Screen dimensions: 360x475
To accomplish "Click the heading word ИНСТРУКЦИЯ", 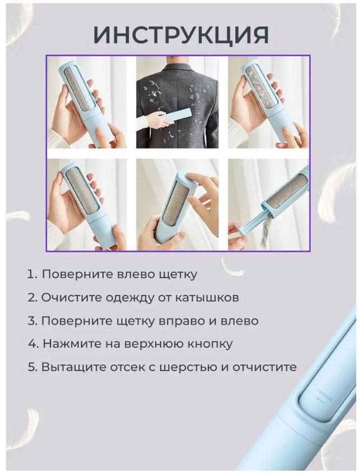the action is coord(181,34).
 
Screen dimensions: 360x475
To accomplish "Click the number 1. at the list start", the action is coord(32,274).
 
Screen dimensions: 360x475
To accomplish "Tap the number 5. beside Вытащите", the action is coord(32,367).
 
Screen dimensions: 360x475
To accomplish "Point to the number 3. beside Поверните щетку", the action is coord(32,321).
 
